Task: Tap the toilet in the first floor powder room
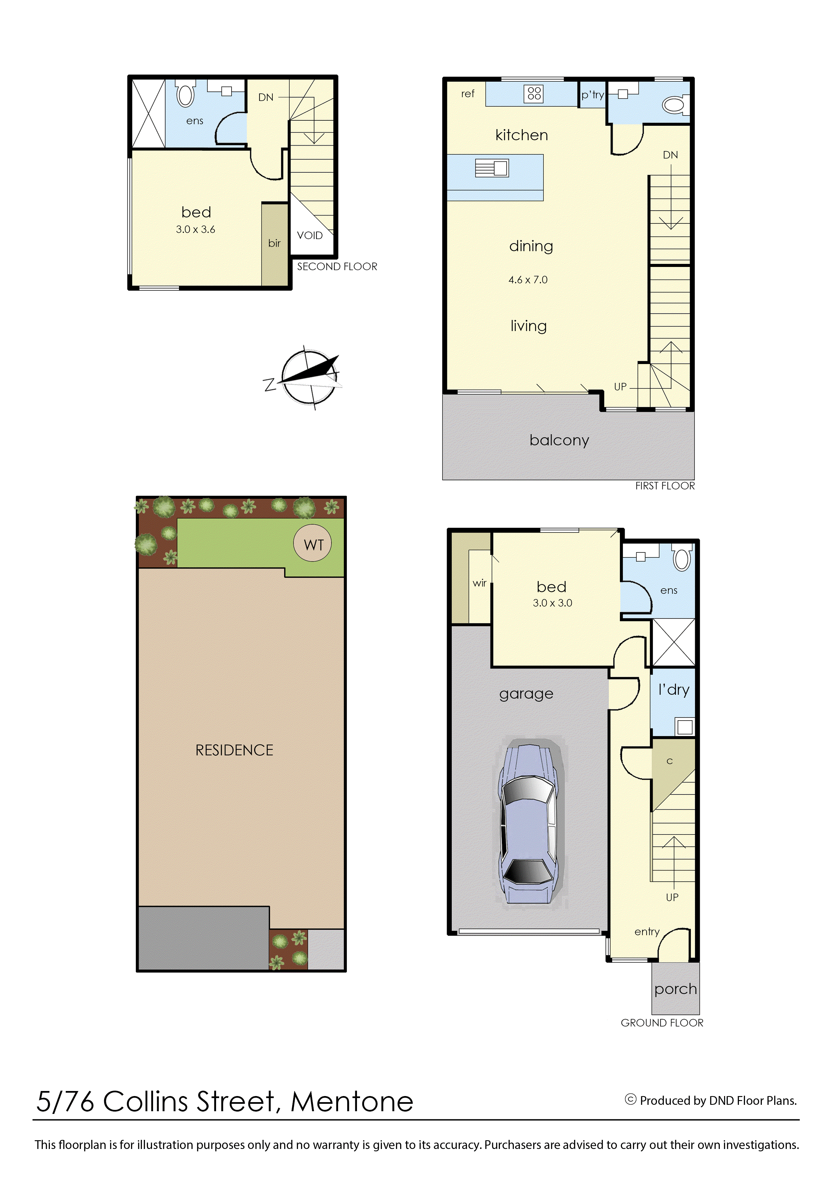(x=674, y=105)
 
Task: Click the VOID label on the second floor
(x=309, y=235)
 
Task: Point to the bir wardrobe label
(x=274, y=243)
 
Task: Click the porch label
(x=676, y=989)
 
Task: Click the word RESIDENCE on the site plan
(x=234, y=750)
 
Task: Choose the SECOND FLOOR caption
(x=337, y=267)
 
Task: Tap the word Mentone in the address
(x=352, y=1102)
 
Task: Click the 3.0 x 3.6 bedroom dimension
(x=196, y=230)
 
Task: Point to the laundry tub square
(x=685, y=727)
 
